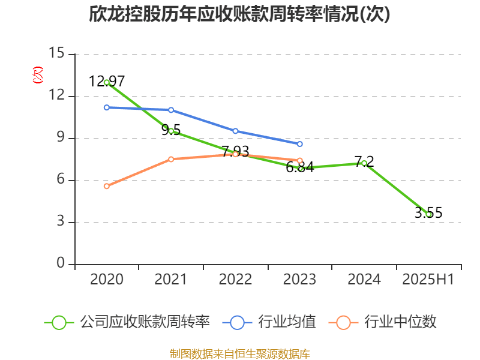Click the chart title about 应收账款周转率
pyautogui.click(x=240, y=14)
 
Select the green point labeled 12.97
pyautogui.click(x=107, y=82)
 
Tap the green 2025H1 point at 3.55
pyautogui.click(x=429, y=214)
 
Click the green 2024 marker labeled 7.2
pyautogui.click(x=364, y=163)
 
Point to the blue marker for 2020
pyautogui.click(x=107, y=107)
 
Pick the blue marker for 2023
pyautogui.click(x=300, y=144)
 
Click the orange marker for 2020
pyautogui.click(x=107, y=186)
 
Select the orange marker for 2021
pyautogui.click(x=171, y=159)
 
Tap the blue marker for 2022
pyautogui.click(x=235, y=131)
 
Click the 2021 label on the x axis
pyautogui.click(x=171, y=280)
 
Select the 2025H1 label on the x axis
pyautogui.click(x=428, y=280)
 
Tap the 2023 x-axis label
pyautogui.click(x=300, y=280)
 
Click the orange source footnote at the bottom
pyautogui.click(x=240, y=353)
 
